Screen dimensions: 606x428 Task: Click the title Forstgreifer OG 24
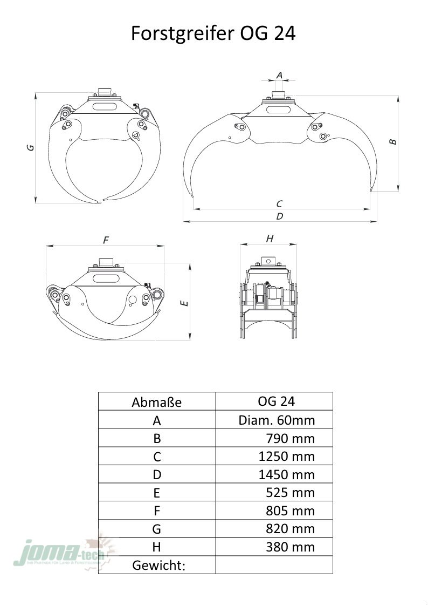click(x=213, y=33)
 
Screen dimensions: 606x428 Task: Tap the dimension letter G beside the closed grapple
click(x=31, y=147)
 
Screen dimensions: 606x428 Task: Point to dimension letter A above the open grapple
click(x=279, y=75)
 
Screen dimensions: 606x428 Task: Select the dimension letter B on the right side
click(x=393, y=141)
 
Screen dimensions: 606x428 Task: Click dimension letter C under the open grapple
click(x=279, y=203)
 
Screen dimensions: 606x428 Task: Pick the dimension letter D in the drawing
click(x=279, y=216)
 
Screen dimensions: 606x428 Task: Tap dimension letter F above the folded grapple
click(x=106, y=240)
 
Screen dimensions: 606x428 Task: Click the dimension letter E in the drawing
click(x=184, y=303)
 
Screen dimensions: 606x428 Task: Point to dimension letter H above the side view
click(x=270, y=239)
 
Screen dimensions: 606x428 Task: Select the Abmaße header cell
click(x=156, y=402)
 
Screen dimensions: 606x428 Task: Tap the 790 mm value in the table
click(x=290, y=438)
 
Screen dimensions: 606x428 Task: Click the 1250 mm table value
click(x=286, y=457)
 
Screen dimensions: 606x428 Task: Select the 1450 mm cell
click(x=286, y=474)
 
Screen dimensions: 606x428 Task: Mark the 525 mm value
click(x=290, y=493)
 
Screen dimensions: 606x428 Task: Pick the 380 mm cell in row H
click(x=290, y=547)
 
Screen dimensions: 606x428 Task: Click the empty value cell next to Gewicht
click(x=274, y=564)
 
